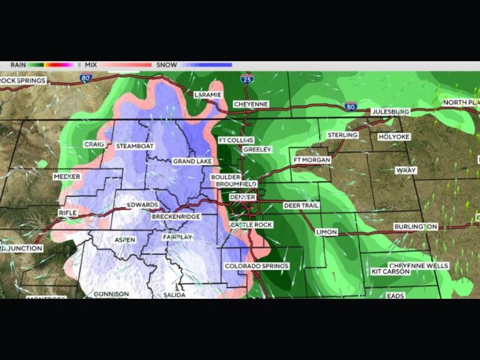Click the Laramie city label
pos(207,94)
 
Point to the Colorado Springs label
pos(257,266)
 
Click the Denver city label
pos(242,197)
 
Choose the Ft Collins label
pos(236,140)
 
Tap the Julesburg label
pos(391,111)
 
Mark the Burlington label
pos(416,226)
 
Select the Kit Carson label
pos(391,272)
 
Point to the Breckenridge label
pos(176,216)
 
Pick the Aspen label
pos(124,240)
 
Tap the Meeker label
pos(67,177)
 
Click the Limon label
pos(326,232)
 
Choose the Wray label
pos(406,170)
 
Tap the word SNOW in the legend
pos(167,64)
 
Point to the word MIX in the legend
pos(91,64)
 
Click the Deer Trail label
pos(301,205)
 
